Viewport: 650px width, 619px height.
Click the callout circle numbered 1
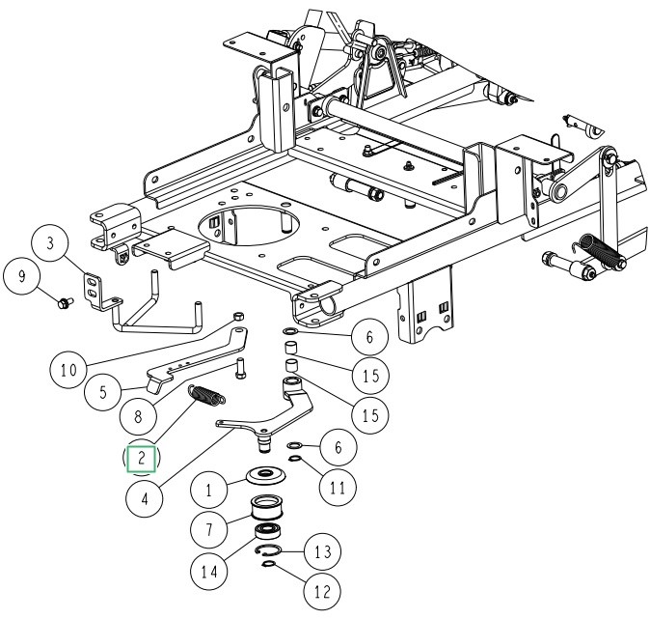point(207,490)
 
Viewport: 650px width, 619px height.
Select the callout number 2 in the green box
point(142,458)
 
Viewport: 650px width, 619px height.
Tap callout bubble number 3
point(53,242)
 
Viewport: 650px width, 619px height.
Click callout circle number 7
point(207,531)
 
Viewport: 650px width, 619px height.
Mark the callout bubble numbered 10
point(68,368)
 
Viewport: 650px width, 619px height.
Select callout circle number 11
point(336,487)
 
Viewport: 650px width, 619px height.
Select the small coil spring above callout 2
point(208,395)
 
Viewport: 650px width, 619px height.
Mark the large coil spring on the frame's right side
point(603,253)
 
